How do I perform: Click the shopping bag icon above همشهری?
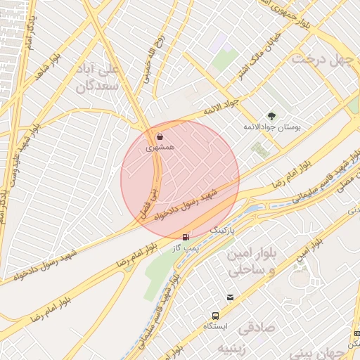[x=160, y=136]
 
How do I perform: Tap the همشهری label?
[x=159, y=148]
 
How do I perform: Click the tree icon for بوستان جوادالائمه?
[x=271, y=116]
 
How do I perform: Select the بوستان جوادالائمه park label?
[x=277, y=128]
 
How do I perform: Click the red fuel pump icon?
[x=185, y=238]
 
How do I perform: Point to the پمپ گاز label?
[x=184, y=248]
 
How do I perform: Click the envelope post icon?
[x=231, y=298]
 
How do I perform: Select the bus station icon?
[x=215, y=316]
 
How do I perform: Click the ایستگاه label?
[x=214, y=327]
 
